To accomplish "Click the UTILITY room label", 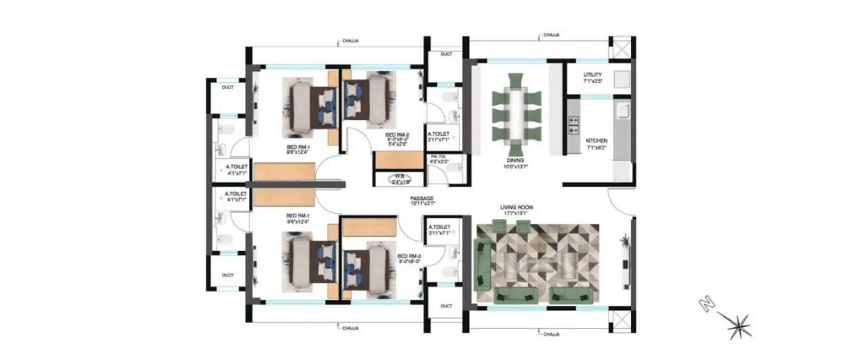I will [x=593, y=74].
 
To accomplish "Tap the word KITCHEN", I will [x=596, y=141].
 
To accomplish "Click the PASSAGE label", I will [x=422, y=198].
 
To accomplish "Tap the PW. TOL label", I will [x=438, y=157].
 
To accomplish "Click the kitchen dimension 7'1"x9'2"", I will [x=596, y=148].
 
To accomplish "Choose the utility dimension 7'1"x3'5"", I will [x=593, y=81].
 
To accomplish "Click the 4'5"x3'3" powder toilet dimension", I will [x=438, y=162].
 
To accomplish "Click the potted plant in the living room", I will [x=624, y=241].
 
